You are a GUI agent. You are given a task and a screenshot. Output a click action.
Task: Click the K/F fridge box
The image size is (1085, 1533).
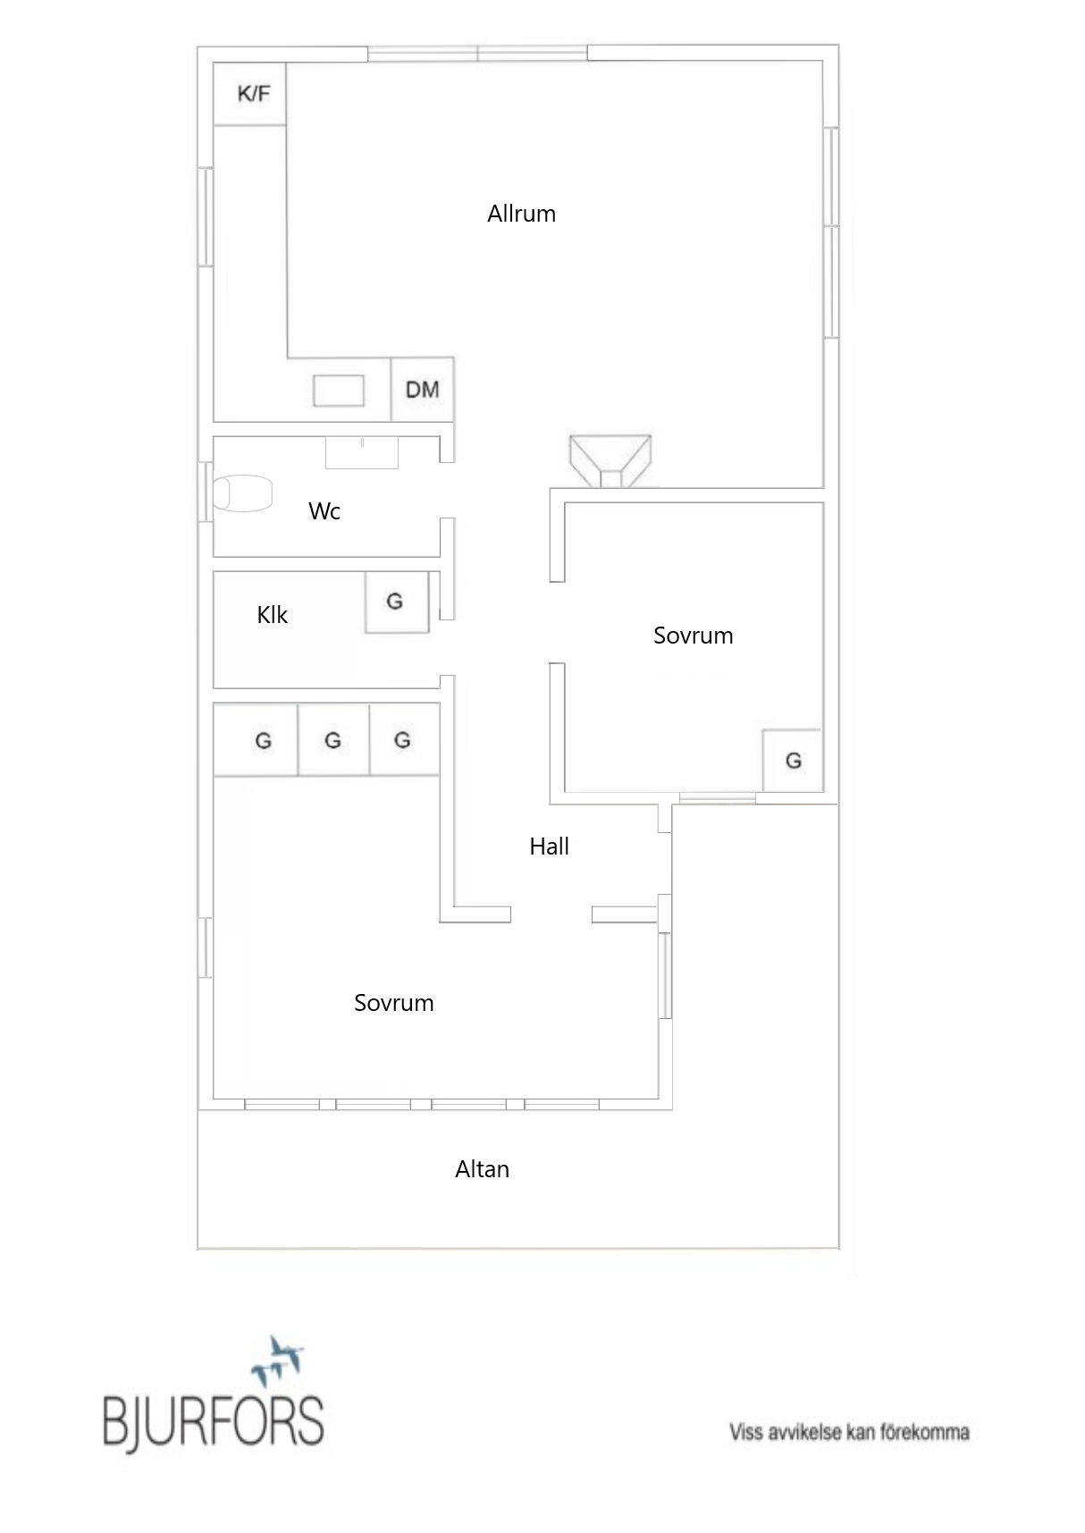(249, 94)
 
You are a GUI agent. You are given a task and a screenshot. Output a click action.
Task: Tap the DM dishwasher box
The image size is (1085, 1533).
(423, 389)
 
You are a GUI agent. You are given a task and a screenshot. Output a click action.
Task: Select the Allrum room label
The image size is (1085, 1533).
(521, 214)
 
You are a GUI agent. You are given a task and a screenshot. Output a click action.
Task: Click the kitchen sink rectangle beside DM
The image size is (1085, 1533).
(339, 391)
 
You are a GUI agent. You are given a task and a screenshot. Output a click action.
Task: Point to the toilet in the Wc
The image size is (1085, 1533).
(242, 493)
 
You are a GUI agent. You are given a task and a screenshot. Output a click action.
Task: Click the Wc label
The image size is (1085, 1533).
(324, 511)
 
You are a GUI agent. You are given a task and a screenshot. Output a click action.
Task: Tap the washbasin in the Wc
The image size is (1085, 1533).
(361, 452)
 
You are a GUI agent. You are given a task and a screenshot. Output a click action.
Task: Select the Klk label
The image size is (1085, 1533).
(273, 615)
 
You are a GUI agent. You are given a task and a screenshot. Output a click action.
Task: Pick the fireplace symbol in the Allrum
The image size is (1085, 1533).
(610, 461)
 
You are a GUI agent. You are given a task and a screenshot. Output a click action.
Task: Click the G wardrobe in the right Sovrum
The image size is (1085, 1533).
(793, 761)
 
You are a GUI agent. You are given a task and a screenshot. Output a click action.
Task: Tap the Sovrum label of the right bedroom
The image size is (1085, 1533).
(693, 636)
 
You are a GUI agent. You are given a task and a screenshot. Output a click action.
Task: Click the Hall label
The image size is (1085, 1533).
(549, 847)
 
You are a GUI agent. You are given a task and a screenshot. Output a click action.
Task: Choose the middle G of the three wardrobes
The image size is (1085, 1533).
(333, 740)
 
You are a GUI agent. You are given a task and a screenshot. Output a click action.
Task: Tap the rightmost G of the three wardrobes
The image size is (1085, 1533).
(404, 740)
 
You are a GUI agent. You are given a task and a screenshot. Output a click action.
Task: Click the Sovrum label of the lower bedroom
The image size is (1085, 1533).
(394, 1003)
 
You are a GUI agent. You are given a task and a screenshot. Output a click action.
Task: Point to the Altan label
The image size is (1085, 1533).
(482, 1169)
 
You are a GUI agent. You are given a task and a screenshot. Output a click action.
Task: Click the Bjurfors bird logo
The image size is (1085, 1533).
(276, 1359)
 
